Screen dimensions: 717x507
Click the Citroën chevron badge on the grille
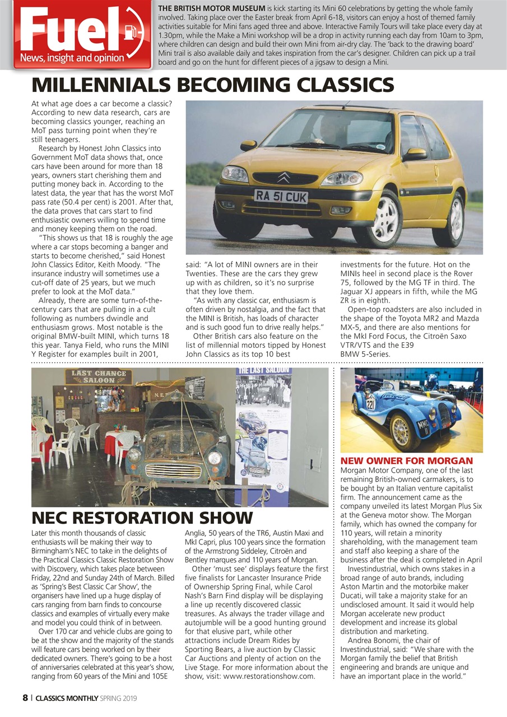tap(283, 178)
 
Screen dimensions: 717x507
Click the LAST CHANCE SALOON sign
tap(98, 377)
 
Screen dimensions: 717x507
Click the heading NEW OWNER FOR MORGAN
tap(407, 460)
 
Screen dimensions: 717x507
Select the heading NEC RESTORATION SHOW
tap(142, 517)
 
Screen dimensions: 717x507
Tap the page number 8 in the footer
tap(25, 698)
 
